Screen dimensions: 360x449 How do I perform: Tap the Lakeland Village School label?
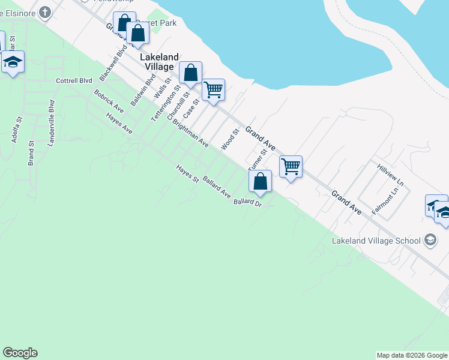coord(376,241)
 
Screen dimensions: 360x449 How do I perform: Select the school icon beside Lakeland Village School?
coord(429,240)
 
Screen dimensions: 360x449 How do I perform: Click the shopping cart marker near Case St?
coord(213,90)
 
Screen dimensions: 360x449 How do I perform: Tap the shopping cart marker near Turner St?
coord(291,166)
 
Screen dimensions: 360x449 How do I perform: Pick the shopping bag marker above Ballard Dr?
coord(260,181)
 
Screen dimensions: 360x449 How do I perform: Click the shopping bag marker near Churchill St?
coord(190,74)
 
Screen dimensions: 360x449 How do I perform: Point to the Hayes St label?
coord(187,173)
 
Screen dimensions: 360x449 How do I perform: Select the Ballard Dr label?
coord(248,203)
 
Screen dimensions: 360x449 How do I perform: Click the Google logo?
coord(20,353)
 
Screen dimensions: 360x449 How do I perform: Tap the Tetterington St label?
coord(166,103)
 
